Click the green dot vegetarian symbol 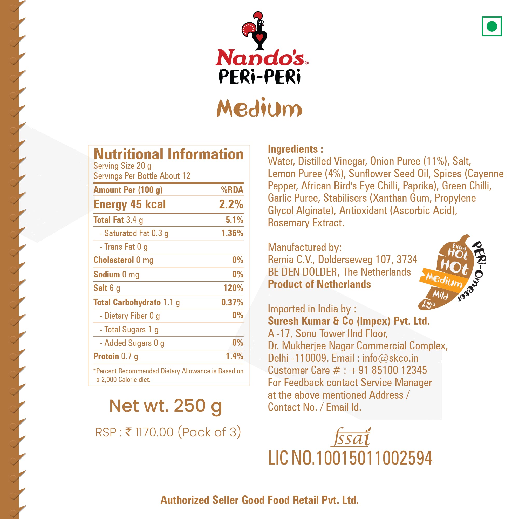tap(491, 26)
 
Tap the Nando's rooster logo tap(255, 31)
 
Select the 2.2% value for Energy tap(231, 204)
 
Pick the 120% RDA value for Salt tap(233, 288)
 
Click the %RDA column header tap(232, 190)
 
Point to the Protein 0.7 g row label tap(115, 356)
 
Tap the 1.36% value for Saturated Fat tap(232, 233)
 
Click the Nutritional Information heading tap(168, 154)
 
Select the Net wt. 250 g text tap(166, 406)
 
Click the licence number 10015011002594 tap(374, 458)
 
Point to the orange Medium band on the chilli tap(443, 279)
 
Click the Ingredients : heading tap(295, 149)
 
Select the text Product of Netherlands tap(319, 284)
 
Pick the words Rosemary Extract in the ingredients tap(306, 223)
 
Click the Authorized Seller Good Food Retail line tap(259, 500)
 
